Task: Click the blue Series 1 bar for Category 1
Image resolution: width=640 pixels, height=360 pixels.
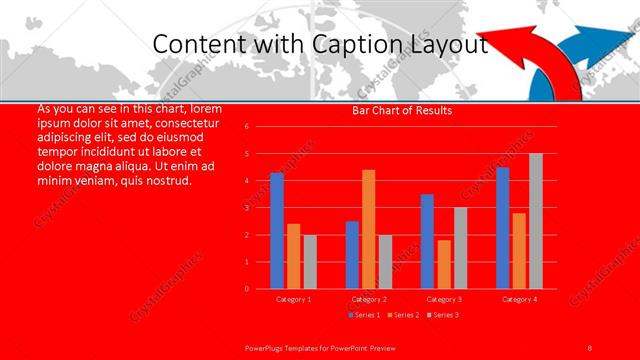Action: (x=277, y=231)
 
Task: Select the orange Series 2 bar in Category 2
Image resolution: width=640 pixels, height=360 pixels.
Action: (x=369, y=229)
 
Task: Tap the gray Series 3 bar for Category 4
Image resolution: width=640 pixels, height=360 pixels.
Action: (x=536, y=221)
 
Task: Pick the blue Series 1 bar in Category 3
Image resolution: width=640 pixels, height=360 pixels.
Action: (x=427, y=241)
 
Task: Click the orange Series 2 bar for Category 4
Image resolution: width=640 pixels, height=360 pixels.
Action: (x=519, y=250)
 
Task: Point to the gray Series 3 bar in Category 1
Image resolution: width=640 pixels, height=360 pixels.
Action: (x=310, y=262)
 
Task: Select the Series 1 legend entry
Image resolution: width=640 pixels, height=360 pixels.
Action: (x=365, y=316)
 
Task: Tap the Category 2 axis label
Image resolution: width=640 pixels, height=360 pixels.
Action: (x=369, y=299)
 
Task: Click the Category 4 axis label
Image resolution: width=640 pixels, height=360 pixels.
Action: (x=519, y=299)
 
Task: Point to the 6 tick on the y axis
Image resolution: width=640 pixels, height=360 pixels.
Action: (x=260, y=127)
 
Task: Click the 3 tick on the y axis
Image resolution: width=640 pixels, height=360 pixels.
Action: (x=260, y=208)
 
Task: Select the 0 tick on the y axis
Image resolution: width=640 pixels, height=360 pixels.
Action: (x=260, y=289)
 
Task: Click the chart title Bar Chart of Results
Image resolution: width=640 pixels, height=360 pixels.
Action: (x=402, y=110)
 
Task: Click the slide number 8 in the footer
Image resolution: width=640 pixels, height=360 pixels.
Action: (x=590, y=347)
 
